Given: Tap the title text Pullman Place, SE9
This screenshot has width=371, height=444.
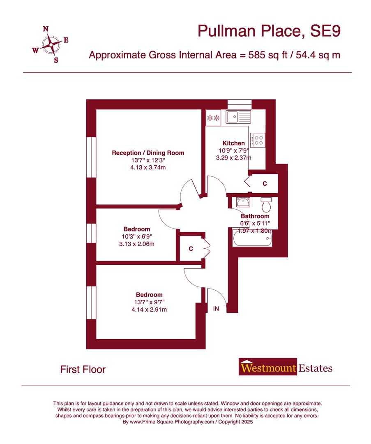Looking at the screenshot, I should coord(269,31).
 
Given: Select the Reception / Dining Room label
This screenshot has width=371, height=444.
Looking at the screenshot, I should coord(148,153).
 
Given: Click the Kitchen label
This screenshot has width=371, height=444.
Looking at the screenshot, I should coord(233,143).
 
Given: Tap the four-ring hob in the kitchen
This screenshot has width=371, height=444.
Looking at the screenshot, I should coord(258,140).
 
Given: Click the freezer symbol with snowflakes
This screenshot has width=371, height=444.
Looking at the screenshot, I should coord(213,118).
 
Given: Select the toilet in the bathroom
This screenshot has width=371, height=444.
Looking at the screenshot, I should coord(266,203).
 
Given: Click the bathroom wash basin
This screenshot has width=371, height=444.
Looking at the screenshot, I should coord(242,203).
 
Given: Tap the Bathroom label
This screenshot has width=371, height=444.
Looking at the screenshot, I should coord(255,216).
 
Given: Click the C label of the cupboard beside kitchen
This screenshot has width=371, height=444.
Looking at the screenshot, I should coord(265,184).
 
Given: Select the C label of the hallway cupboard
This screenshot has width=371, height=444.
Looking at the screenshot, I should coord(191,249).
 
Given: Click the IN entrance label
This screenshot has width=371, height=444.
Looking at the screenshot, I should coord(216,309).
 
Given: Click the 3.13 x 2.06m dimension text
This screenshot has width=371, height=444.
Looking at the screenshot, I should coord(136,244).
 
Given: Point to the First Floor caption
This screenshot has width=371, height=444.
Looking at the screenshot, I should coord(83,369).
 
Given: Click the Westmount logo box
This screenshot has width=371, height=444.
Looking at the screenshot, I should coord(267,368).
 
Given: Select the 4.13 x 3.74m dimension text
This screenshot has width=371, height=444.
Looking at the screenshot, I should coord(148,167).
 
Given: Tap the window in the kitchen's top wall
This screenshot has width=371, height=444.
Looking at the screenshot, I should coord(239,103).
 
